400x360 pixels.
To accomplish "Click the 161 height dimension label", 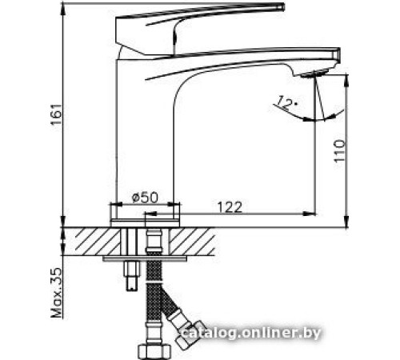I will click(54, 120).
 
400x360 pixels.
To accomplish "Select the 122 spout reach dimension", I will click(230, 205).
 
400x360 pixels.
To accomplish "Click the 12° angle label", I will click(286, 102).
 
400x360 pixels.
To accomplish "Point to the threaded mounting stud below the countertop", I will click(130, 272).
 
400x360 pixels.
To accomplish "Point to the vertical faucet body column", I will click(144, 136).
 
